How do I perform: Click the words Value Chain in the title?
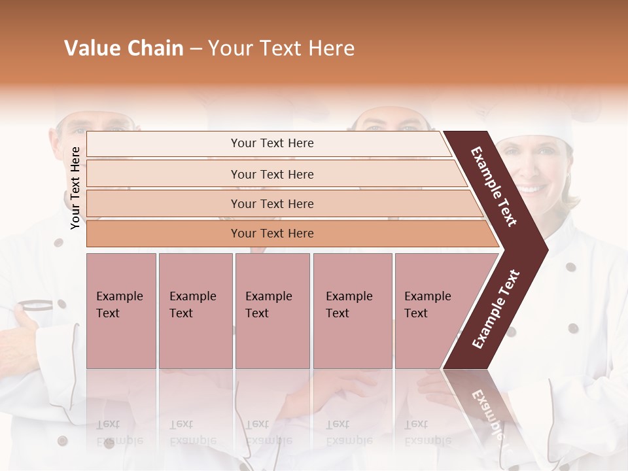coord(124,48)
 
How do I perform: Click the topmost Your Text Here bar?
coord(271,143)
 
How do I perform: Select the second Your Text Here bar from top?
coord(271,174)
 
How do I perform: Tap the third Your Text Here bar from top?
coord(271,203)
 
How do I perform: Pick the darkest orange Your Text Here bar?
coord(271,234)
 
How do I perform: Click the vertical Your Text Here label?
coord(75,188)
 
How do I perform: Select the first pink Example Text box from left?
coord(121,311)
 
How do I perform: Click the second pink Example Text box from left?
coord(195,311)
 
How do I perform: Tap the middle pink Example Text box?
coord(272,311)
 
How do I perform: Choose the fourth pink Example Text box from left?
coord(352,311)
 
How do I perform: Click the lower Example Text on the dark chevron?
coord(497,309)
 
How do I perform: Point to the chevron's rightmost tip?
coord(546,249)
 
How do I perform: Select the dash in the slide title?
coord(196,48)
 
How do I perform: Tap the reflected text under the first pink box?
coord(118,432)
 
